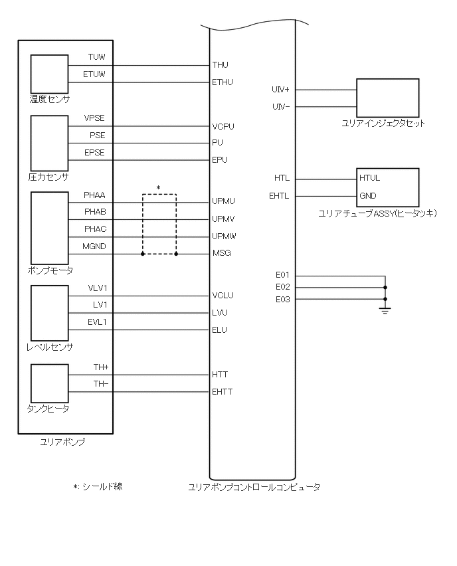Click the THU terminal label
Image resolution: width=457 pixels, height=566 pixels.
click(x=220, y=65)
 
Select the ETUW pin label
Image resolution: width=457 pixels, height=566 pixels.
click(x=94, y=74)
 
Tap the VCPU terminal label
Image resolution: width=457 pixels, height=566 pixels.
click(x=223, y=126)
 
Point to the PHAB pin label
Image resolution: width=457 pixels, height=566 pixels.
click(x=95, y=212)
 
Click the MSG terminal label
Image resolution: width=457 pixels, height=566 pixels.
click(x=222, y=253)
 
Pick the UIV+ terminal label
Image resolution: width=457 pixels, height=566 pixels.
click(x=280, y=90)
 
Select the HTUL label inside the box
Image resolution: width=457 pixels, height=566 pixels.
click(x=369, y=179)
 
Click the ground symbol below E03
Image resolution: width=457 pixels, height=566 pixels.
click(x=385, y=309)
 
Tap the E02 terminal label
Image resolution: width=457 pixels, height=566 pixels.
click(x=283, y=287)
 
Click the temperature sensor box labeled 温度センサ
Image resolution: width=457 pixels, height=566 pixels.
click(x=49, y=74)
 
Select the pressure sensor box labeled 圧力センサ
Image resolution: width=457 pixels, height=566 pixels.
click(x=49, y=143)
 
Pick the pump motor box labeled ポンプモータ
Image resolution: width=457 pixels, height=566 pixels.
click(x=49, y=228)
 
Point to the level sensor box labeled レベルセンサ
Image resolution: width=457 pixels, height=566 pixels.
click(x=49, y=312)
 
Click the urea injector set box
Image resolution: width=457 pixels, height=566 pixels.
click(x=388, y=97)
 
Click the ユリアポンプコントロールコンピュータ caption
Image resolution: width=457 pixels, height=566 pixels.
click(x=254, y=487)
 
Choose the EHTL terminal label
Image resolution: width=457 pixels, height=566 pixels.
click(x=279, y=196)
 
